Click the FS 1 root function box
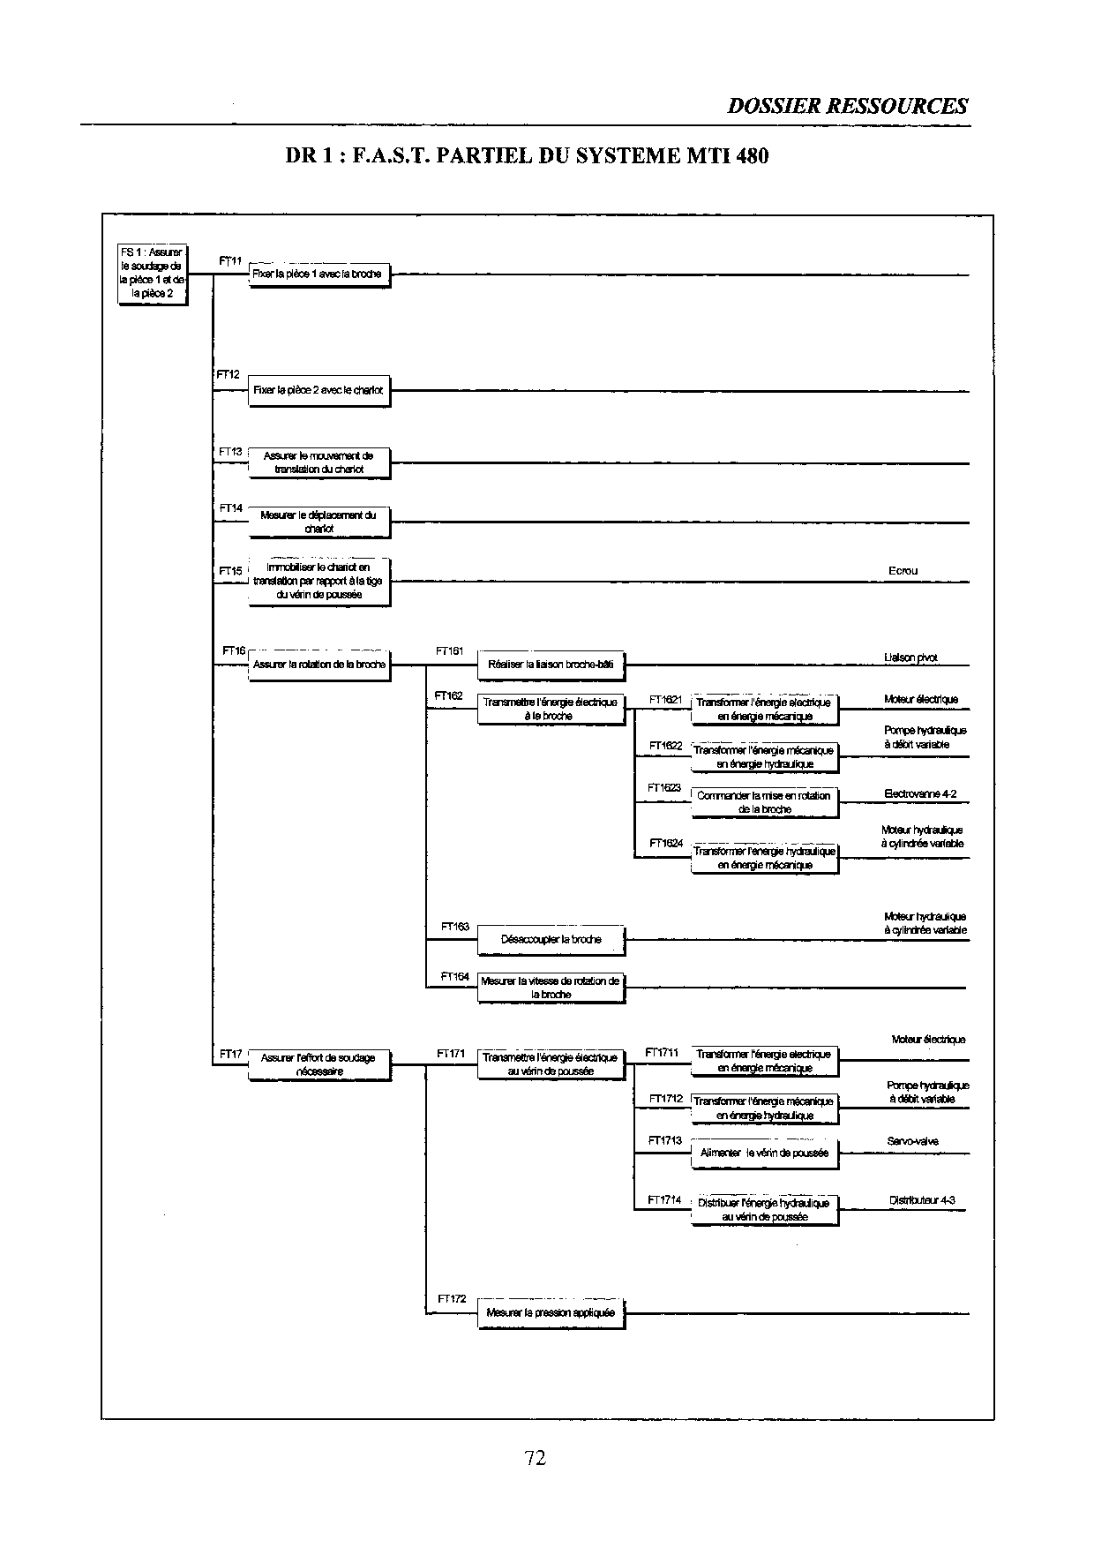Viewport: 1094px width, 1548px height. [x=153, y=274]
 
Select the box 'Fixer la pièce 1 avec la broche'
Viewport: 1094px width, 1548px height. [x=318, y=274]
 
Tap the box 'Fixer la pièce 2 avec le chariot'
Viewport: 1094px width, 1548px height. [x=318, y=390]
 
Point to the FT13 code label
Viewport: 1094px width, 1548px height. [x=230, y=452]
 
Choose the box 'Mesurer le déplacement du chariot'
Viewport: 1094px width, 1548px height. [x=318, y=522]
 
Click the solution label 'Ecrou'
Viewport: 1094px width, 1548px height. [x=903, y=571]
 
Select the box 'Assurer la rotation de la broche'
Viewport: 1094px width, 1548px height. [x=318, y=665]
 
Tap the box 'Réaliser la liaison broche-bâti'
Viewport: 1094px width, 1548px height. [x=551, y=665]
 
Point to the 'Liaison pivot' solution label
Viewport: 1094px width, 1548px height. [x=910, y=658]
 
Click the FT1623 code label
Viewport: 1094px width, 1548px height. [x=664, y=787]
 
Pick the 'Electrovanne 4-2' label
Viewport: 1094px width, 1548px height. [x=920, y=794]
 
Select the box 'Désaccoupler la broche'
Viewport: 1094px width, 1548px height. [x=551, y=940]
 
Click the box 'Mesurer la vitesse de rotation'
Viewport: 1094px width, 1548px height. [x=551, y=988]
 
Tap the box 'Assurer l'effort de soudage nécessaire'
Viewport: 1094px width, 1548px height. [x=318, y=1064]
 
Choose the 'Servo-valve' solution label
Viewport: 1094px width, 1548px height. [x=912, y=1141]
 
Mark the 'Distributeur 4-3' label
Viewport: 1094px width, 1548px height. [x=922, y=1200]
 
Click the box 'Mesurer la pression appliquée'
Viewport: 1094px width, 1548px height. [x=551, y=1313]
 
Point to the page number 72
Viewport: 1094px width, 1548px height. [x=536, y=1458]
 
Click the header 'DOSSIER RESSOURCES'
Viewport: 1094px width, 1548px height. [x=847, y=107]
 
